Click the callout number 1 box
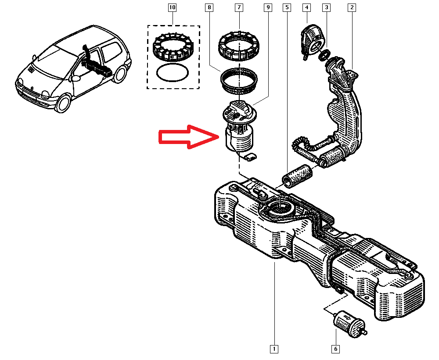tap(273, 349)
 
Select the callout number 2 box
tap(352, 7)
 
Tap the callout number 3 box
tap(326, 7)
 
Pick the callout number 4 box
tap(306, 7)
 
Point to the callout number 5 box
tap(286, 7)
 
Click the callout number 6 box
tap(335, 349)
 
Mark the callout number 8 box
tap(209, 7)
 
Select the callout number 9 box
tap(267, 7)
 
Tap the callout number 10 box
tap(172, 7)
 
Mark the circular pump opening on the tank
tap(279, 206)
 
